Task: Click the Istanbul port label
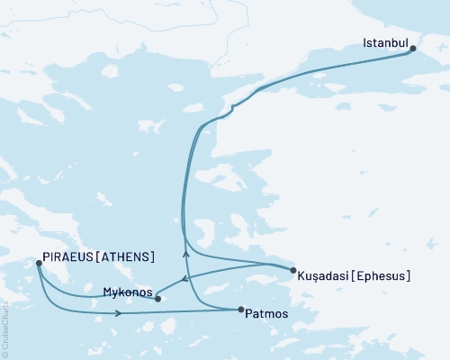coord(385,43)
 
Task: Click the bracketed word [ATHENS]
coord(127,256)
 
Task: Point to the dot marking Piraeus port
coord(38,263)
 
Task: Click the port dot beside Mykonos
coord(157,298)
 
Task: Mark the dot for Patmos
coord(240,310)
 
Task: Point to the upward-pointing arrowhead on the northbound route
coord(186,254)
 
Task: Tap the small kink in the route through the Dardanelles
coord(232,108)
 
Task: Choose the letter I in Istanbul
coord(364,43)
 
